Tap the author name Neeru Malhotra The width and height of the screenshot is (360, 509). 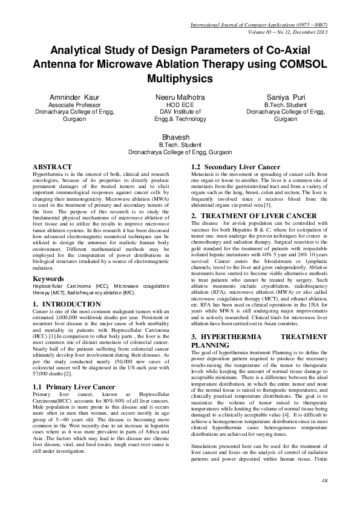[x=180, y=97]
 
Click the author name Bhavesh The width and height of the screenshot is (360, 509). [x=180, y=137]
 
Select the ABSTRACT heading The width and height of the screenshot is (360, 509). [x=53, y=167]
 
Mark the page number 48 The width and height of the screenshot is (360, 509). [x=325, y=497]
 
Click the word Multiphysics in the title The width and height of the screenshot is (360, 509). [x=180, y=78]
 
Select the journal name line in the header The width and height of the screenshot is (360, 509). [x=258, y=25]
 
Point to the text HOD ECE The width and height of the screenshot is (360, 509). [x=180, y=105]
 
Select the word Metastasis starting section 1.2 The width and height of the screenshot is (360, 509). [x=205, y=173]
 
